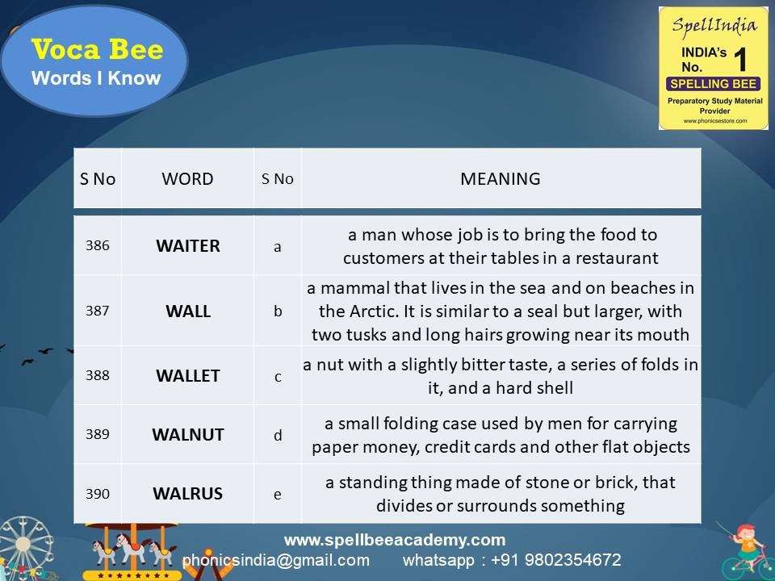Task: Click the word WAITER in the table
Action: (x=187, y=246)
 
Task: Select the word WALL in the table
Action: (x=187, y=311)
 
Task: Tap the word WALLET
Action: (x=187, y=375)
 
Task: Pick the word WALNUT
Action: (x=187, y=434)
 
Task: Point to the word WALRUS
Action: (x=187, y=493)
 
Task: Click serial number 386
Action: (x=97, y=246)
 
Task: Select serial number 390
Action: (x=97, y=493)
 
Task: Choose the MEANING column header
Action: (x=501, y=178)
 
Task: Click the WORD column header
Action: (x=187, y=178)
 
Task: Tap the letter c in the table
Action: (x=278, y=376)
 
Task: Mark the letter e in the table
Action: (x=278, y=494)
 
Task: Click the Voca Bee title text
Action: (x=97, y=50)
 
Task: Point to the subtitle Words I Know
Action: (x=96, y=78)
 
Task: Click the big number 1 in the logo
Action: (x=740, y=61)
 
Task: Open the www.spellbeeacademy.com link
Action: (x=394, y=540)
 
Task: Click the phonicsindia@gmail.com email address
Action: (x=275, y=560)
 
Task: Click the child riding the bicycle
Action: (x=746, y=549)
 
